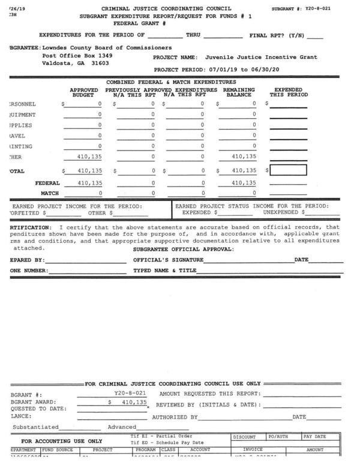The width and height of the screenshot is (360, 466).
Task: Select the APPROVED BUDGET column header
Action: (x=83, y=92)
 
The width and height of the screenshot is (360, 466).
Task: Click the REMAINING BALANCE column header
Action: (x=239, y=92)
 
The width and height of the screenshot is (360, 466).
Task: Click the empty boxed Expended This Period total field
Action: (x=289, y=170)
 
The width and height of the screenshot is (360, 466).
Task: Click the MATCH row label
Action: (x=49, y=193)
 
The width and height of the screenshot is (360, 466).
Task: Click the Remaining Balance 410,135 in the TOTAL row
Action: (x=244, y=170)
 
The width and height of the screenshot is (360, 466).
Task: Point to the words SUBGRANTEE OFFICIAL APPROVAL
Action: (x=184, y=249)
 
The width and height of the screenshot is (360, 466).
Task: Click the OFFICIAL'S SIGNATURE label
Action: (x=168, y=260)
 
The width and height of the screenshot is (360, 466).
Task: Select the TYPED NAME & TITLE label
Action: (x=165, y=270)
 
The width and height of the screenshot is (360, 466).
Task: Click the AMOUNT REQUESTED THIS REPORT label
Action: (x=209, y=393)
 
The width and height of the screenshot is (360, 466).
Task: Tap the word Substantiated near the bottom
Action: (x=35, y=427)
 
